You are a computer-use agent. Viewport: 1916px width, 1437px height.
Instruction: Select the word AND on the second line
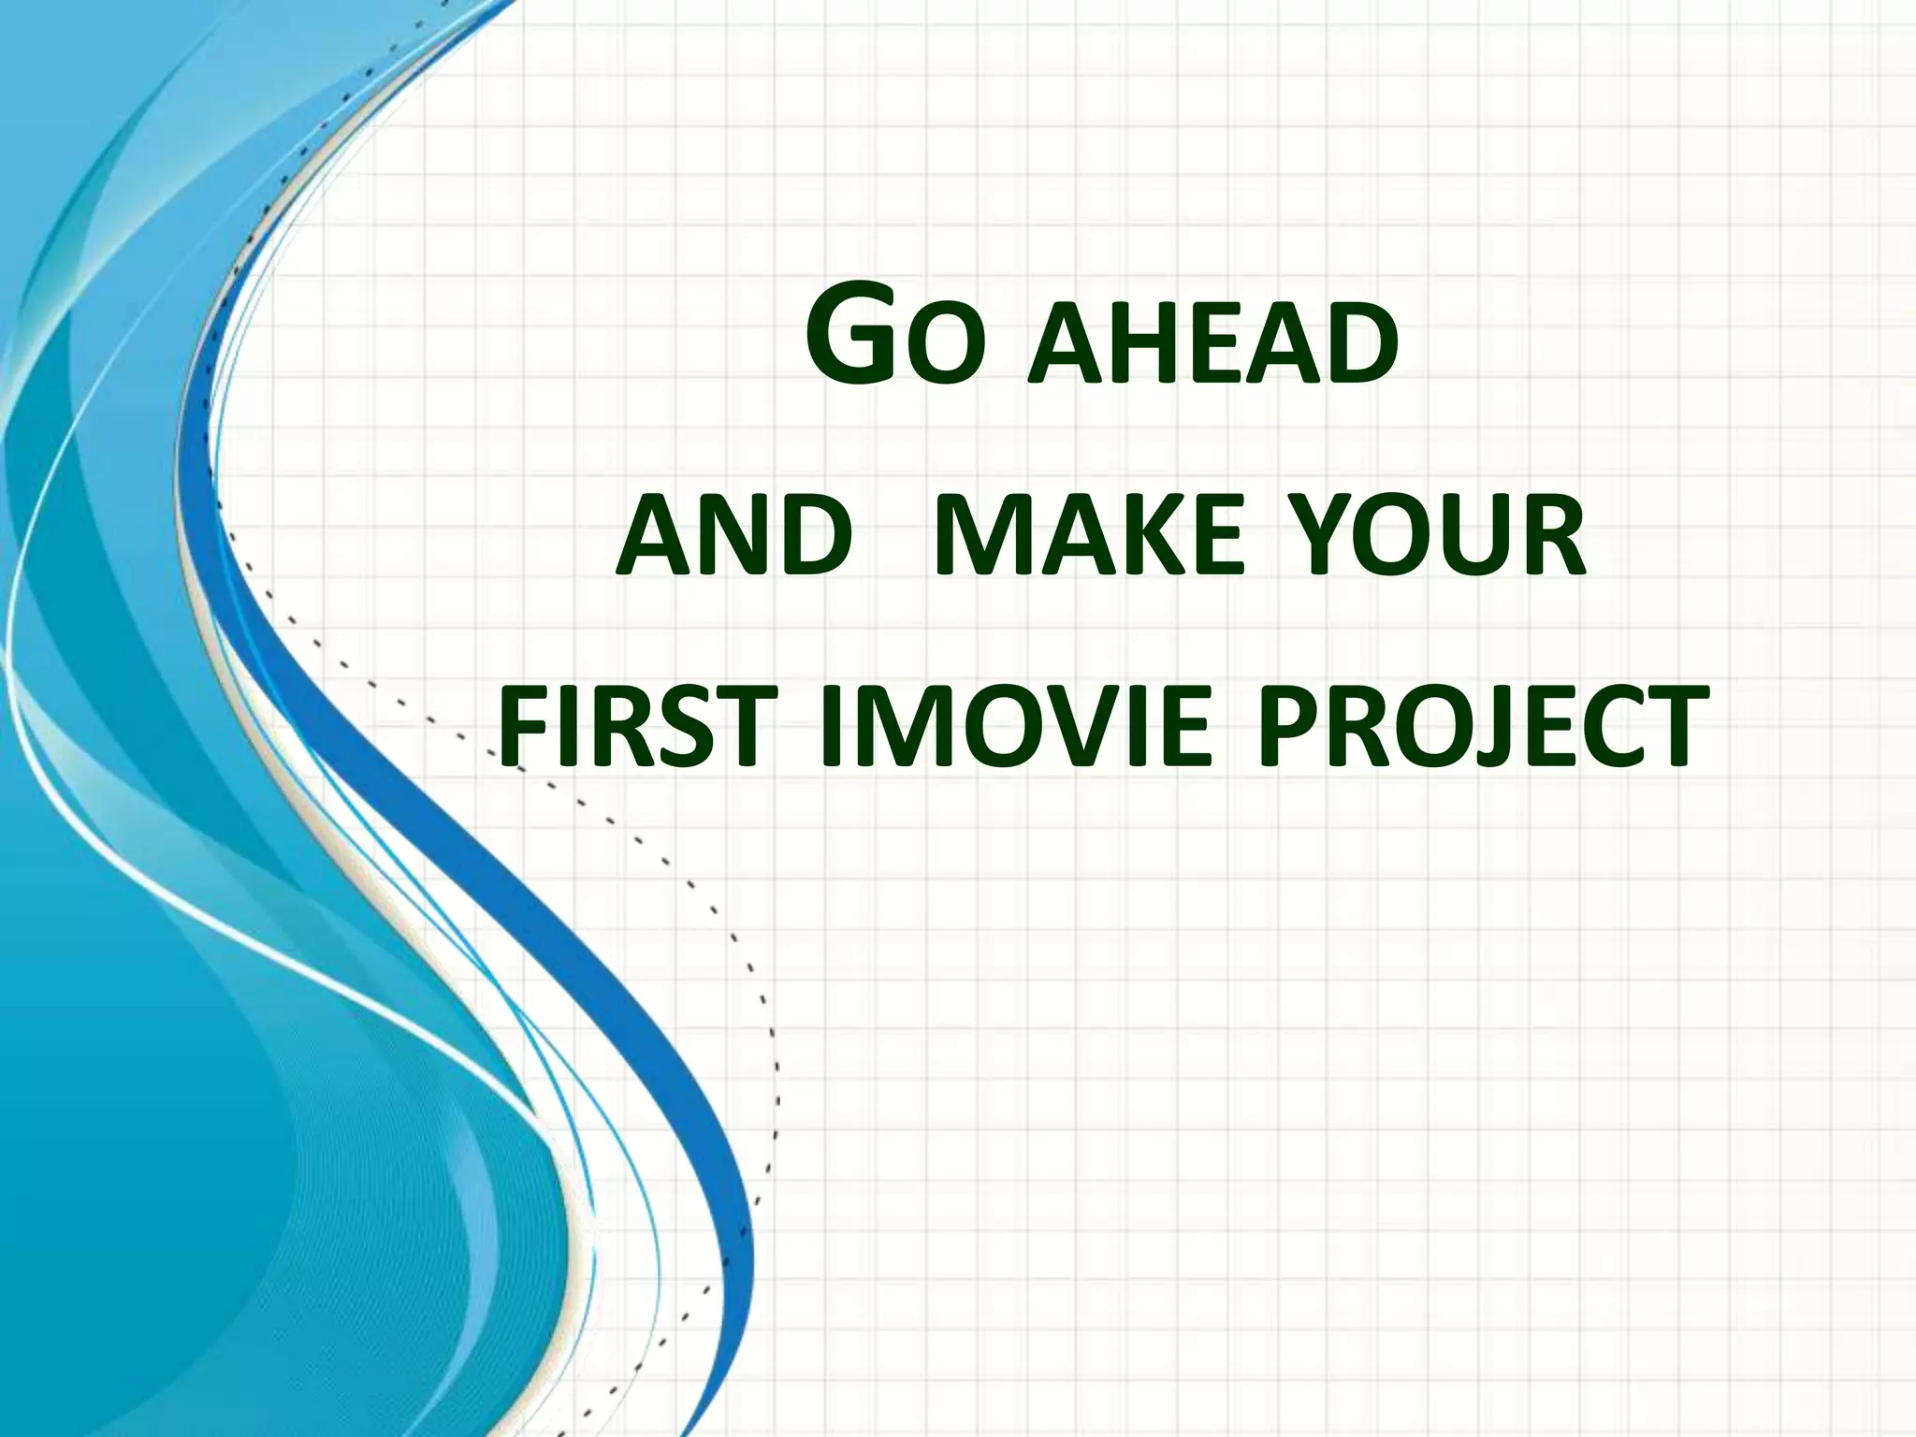pyautogui.click(x=735, y=537)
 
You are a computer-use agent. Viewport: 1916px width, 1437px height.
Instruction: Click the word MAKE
pyautogui.click(x=1089, y=537)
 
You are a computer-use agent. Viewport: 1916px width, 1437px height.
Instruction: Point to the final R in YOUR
pyautogui.click(x=1552, y=537)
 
